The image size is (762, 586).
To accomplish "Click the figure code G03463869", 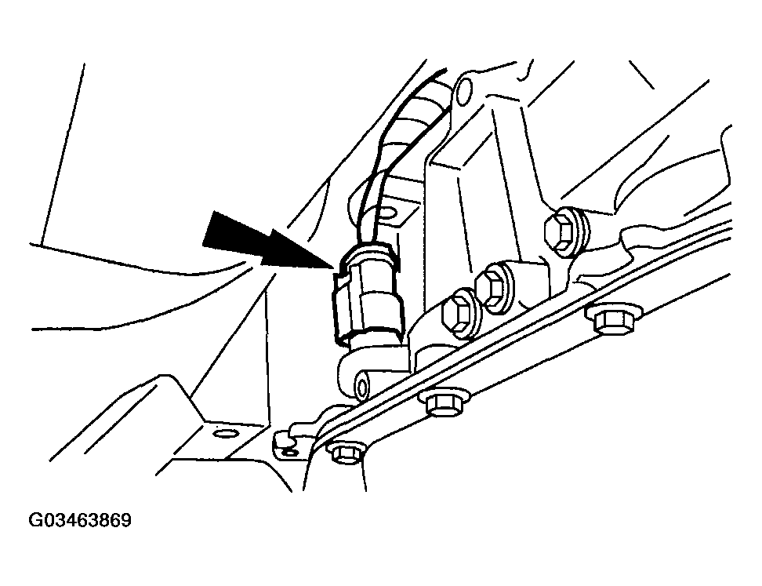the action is (x=80, y=520).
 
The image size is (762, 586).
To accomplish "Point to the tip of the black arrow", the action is (x=335, y=268).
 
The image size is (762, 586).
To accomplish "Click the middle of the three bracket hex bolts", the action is (x=494, y=287).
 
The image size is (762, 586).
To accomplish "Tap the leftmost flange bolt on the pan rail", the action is (x=346, y=453).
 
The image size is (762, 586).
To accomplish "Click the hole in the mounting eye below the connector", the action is (x=362, y=388).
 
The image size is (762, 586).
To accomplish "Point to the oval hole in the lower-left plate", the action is (x=225, y=433).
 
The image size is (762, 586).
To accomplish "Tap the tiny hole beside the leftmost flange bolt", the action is (x=291, y=453).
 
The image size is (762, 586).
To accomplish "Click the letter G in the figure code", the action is (x=35, y=520).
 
